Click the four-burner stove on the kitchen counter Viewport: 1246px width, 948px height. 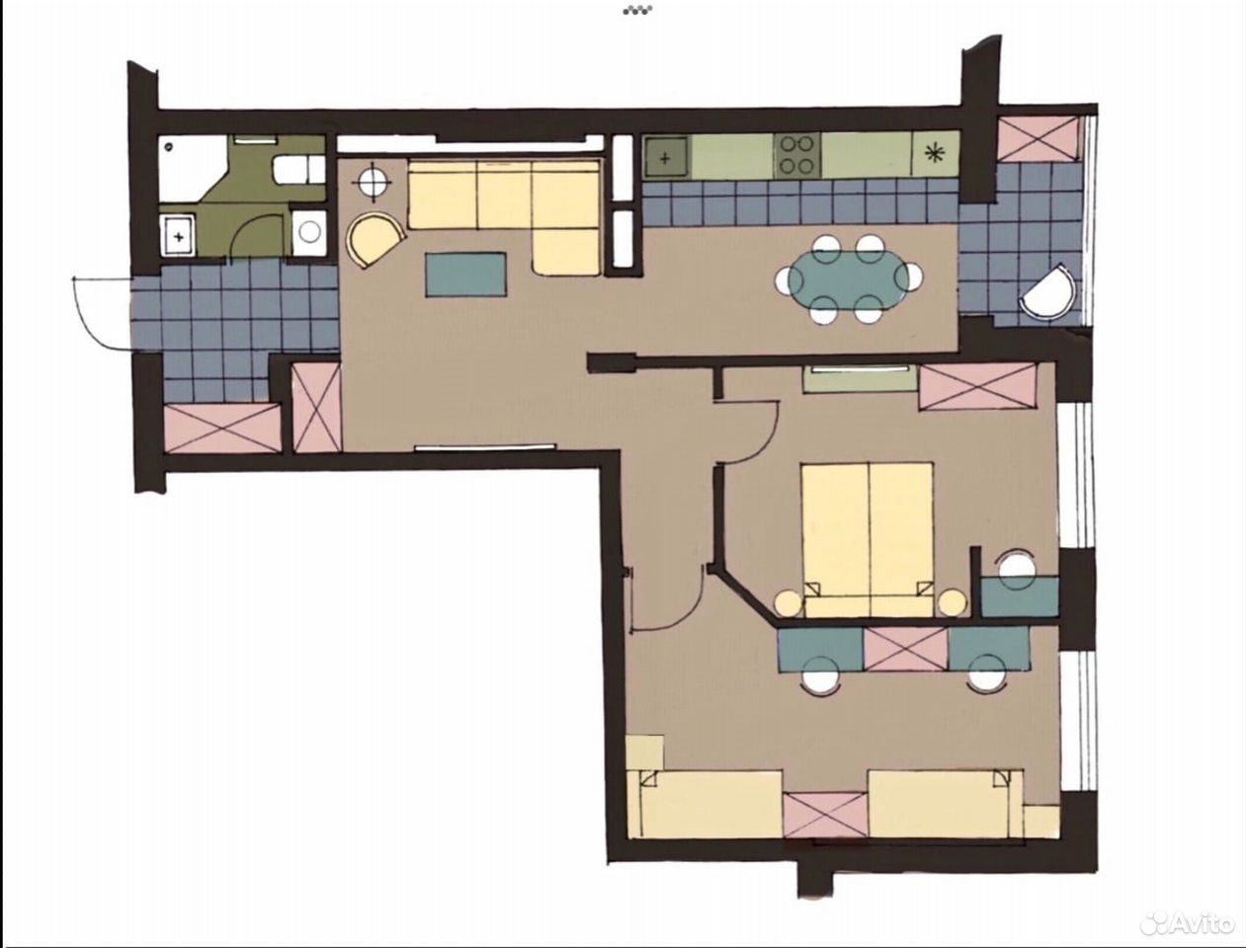(798, 154)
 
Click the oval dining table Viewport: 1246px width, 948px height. (848, 278)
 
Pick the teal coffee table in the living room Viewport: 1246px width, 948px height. (466, 275)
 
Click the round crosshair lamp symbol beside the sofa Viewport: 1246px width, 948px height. (372, 182)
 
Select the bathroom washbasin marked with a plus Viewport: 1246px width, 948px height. (178, 235)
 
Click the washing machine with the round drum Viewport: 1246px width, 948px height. (309, 233)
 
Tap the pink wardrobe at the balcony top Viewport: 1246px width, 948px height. (1038, 138)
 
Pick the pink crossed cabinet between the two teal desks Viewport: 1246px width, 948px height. (905, 649)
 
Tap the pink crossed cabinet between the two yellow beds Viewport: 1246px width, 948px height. (826, 816)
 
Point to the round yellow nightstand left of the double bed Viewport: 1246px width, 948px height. (789, 603)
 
